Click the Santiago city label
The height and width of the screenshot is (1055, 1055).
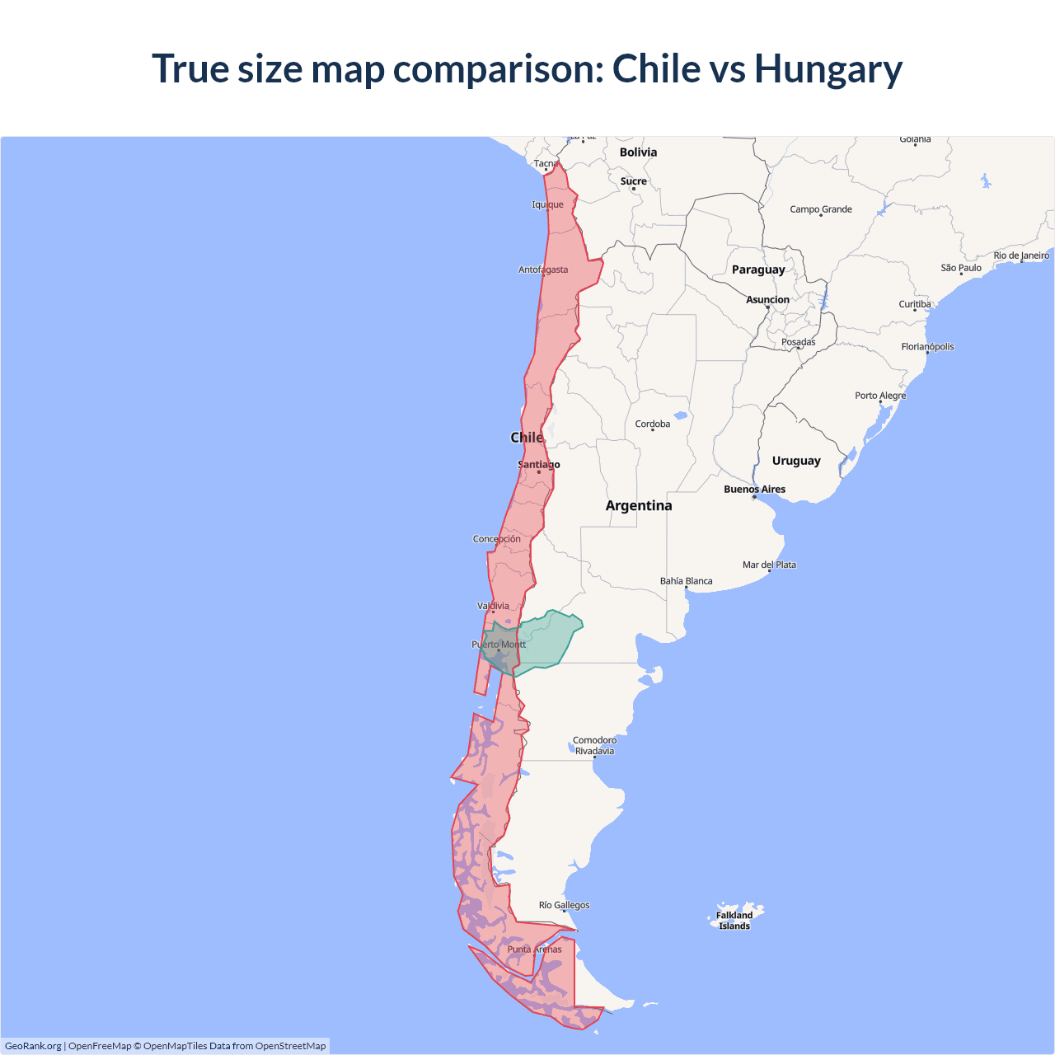point(538,465)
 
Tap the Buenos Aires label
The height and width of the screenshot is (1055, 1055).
point(754,490)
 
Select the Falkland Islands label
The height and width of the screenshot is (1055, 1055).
point(734,921)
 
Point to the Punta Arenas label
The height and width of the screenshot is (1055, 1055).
point(534,949)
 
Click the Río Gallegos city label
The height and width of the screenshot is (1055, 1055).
point(564,905)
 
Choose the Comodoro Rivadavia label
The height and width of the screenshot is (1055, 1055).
point(594,746)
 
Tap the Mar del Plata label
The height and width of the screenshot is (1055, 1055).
point(769,565)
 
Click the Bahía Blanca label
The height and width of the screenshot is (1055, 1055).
point(686,581)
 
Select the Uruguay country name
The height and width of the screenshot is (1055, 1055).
point(796,461)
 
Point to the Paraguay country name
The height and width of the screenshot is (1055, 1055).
point(758,270)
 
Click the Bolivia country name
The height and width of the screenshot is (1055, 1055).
point(638,152)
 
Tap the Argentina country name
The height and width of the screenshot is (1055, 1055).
point(639,506)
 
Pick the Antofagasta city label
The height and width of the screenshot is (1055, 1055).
point(542,270)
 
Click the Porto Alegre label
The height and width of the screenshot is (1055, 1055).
point(880,396)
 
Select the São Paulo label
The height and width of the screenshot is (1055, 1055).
point(961,268)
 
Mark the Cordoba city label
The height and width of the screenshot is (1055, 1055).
point(652,424)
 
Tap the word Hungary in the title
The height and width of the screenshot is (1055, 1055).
point(828,68)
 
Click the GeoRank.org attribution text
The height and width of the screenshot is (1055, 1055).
point(33,1046)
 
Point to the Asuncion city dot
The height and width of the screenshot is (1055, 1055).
point(767,307)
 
